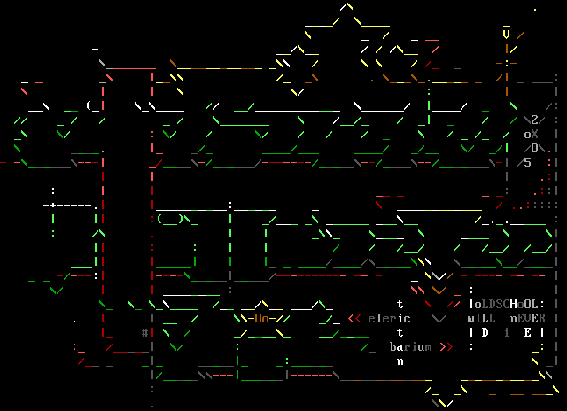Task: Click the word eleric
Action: [389, 318]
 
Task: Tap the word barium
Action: [410, 346]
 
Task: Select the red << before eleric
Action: [353, 318]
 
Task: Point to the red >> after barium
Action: [446, 346]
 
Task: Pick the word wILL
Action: [485, 318]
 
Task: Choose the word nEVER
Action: [527, 318]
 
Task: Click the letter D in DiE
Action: [485, 332]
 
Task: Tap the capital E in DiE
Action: [527, 332]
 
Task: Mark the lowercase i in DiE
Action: [507, 332]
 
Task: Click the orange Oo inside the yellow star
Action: [261, 318]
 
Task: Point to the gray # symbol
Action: [144, 332]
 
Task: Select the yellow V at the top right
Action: [506, 35]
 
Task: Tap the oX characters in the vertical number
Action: [531, 134]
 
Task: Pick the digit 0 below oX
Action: [535, 148]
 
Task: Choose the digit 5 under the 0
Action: [528, 162]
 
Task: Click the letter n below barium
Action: [400, 361]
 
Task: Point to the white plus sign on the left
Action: [52, 205]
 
